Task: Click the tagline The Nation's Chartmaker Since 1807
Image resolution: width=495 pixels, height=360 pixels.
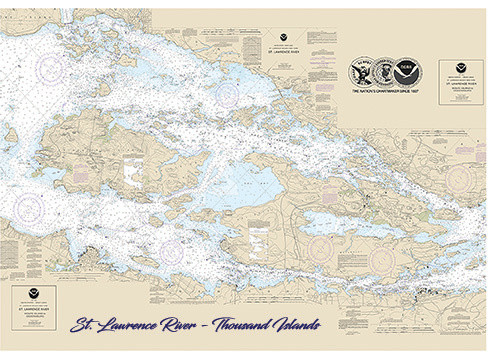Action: point(385,91)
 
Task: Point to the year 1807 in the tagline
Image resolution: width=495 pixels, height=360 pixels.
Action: point(415,91)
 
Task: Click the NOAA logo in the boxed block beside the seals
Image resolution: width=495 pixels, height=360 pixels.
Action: point(460,68)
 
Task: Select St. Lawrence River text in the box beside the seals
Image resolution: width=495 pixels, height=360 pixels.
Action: point(460,82)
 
